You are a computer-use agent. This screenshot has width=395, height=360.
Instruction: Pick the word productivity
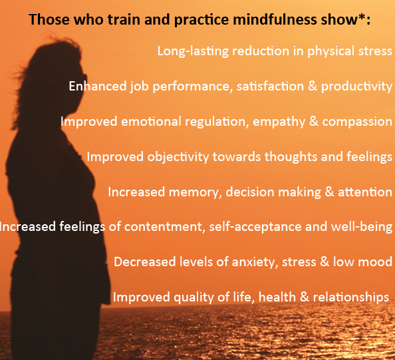click(x=356, y=87)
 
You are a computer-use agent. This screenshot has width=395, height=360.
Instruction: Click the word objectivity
click(x=179, y=157)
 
